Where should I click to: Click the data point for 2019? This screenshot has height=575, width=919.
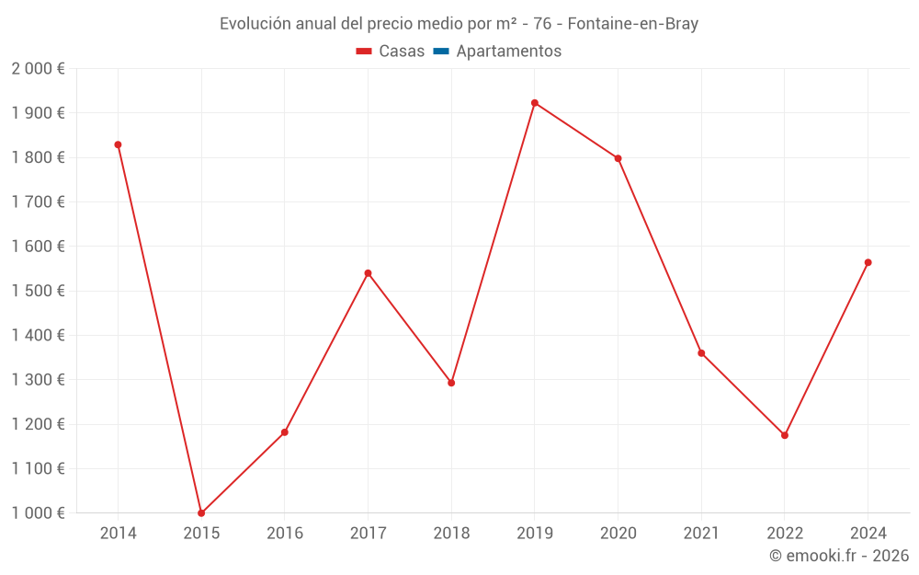point(535,103)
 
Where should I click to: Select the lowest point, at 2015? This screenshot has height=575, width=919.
point(201,513)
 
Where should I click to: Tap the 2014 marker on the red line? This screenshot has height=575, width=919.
point(118,144)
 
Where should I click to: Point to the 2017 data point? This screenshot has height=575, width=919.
point(368,273)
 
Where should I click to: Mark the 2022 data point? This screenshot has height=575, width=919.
point(785,435)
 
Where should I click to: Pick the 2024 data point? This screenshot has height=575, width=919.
point(868,262)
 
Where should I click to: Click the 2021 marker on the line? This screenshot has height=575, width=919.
point(701,353)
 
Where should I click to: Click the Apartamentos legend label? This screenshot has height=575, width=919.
point(508,52)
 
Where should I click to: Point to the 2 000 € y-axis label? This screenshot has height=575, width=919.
point(38,69)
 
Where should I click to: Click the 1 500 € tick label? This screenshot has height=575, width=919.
point(38,291)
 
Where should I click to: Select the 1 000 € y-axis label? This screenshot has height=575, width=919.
point(38,513)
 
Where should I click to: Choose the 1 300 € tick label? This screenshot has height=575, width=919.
point(38,380)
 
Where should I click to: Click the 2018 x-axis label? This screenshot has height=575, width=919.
point(451,534)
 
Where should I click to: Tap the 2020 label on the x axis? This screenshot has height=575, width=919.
point(618,534)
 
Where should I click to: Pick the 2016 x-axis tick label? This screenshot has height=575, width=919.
point(285,534)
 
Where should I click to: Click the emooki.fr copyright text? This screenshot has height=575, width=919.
point(839,556)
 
